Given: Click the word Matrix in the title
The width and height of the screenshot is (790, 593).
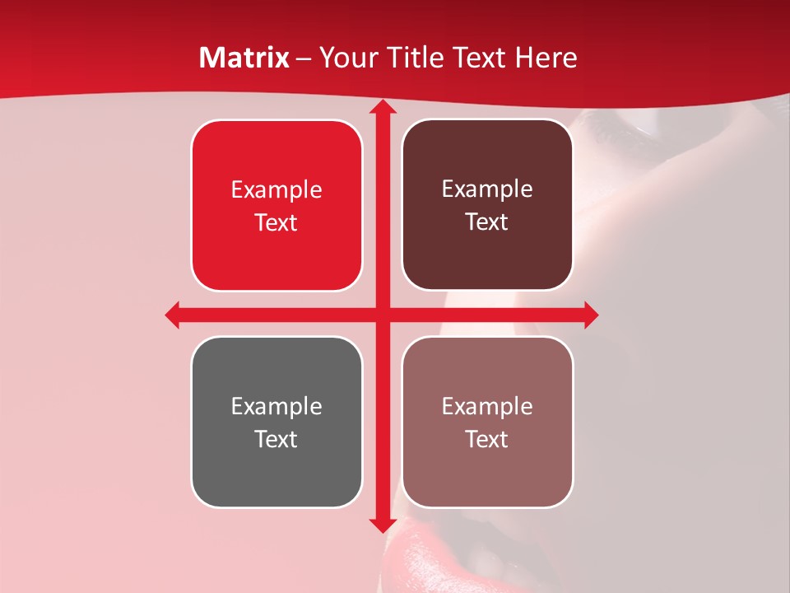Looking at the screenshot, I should (244, 58).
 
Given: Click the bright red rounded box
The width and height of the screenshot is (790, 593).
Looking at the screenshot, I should (276, 255).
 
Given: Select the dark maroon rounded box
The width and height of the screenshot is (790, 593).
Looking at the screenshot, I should (487, 255).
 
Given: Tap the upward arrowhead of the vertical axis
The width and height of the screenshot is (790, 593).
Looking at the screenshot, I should (382, 108).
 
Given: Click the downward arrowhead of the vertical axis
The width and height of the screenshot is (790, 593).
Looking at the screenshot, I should (382, 525).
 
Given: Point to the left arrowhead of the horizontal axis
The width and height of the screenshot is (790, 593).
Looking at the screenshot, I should (173, 315).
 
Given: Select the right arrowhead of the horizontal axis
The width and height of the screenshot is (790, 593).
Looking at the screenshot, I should (591, 315).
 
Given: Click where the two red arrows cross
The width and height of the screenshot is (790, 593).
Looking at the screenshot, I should (382, 315).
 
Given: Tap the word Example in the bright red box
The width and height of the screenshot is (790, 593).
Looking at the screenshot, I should (276, 190).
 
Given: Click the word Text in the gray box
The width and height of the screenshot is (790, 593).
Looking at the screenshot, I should (276, 439).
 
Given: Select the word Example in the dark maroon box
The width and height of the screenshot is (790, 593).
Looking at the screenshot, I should (487, 189).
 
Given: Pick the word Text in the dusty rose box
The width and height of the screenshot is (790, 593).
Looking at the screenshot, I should (486, 439).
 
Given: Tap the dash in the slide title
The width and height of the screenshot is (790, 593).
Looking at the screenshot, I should (304, 58).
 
